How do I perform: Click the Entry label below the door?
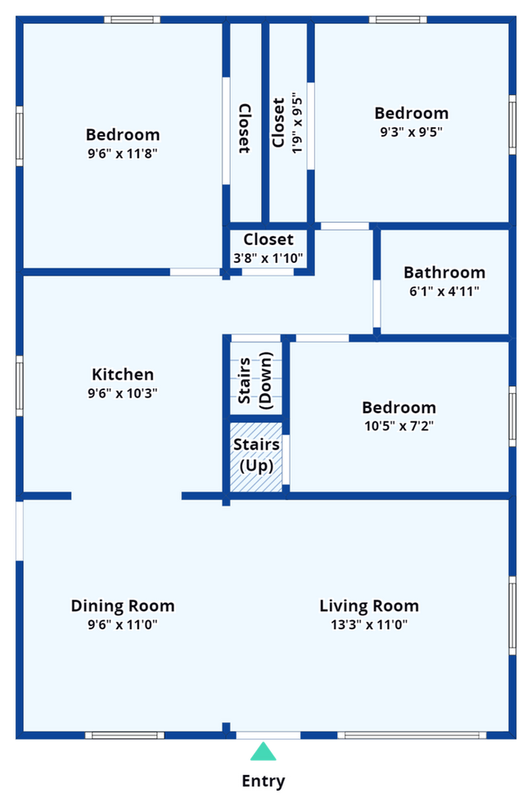point(264,782)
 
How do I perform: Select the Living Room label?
point(368,606)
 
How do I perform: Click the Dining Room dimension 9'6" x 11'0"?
point(123,625)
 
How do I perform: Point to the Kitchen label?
point(123,374)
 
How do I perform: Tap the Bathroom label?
point(444,272)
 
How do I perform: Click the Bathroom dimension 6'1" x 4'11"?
point(444,291)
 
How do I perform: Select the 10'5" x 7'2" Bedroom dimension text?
point(399,426)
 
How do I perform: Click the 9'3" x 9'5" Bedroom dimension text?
point(411,132)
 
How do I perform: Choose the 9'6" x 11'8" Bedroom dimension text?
point(123,153)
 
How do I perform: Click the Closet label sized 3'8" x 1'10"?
point(268,239)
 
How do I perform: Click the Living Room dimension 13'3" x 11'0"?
point(368,625)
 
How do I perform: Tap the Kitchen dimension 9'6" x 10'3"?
point(123,393)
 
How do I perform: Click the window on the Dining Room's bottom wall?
point(124,736)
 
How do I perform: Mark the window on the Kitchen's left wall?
point(18,385)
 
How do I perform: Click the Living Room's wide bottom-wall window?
point(411,736)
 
